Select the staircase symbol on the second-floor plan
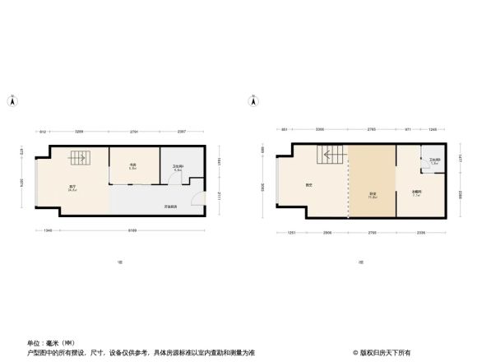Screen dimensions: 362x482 (x=331, y=155)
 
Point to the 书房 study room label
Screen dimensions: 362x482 (x=132, y=166)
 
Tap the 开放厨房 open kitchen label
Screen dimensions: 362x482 (x=170, y=207)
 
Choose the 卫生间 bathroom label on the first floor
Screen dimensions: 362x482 (x=178, y=167)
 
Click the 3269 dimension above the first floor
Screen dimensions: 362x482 (x=80, y=132)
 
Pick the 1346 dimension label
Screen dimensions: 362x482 (x=49, y=231)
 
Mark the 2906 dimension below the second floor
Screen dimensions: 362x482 (x=327, y=233)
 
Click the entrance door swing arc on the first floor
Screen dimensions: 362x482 (x=195, y=201)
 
